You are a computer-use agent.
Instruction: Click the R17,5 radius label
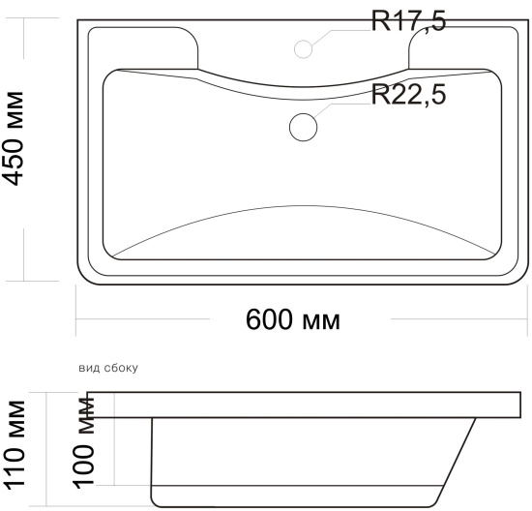[x=408, y=21]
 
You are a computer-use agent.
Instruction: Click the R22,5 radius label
[x=408, y=95]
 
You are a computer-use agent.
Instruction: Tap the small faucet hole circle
[x=303, y=49]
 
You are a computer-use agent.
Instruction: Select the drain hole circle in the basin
[x=304, y=128]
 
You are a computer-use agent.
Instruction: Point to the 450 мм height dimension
[x=14, y=138]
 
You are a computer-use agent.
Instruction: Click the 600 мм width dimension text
[x=292, y=319]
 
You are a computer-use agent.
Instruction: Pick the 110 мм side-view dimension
[x=15, y=445]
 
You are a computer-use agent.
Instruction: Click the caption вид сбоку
[x=108, y=368]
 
